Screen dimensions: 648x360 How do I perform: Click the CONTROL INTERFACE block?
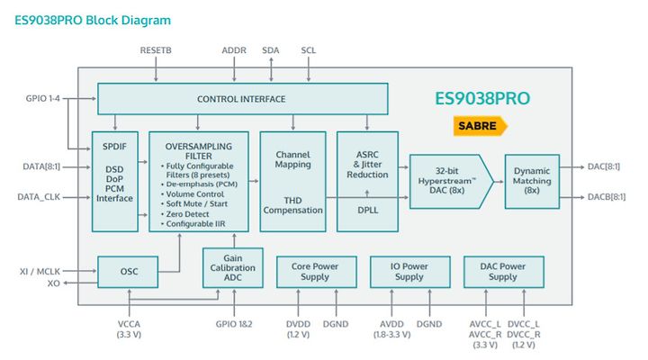point(243,99)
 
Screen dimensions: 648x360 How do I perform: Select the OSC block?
point(128,272)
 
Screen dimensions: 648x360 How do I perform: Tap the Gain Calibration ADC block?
point(233,268)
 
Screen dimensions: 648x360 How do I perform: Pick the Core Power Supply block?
point(317,272)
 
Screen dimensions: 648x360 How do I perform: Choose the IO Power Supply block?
point(410,272)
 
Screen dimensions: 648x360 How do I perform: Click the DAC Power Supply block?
point(504,272)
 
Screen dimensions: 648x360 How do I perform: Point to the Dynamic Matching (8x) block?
point(532,182)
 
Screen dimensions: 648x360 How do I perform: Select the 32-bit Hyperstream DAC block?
point(451,182)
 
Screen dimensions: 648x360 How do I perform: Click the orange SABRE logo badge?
point(481,126)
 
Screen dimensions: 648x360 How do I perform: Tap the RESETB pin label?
point(156,50)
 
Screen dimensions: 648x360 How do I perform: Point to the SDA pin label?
point(271,50)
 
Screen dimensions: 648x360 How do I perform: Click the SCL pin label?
point(309,50)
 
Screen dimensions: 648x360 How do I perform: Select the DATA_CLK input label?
point(39,197)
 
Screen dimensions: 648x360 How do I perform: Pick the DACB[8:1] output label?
point(607,197)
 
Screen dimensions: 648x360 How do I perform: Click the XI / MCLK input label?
point(40,272)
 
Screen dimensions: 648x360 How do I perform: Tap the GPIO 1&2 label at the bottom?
point(234,324)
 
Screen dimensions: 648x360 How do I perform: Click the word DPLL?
point(368,210)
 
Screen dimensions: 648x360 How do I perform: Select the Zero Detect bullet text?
point(187,214)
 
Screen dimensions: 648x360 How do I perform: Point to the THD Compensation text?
point(293,205)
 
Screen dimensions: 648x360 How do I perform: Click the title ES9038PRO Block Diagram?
point(93,21)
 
